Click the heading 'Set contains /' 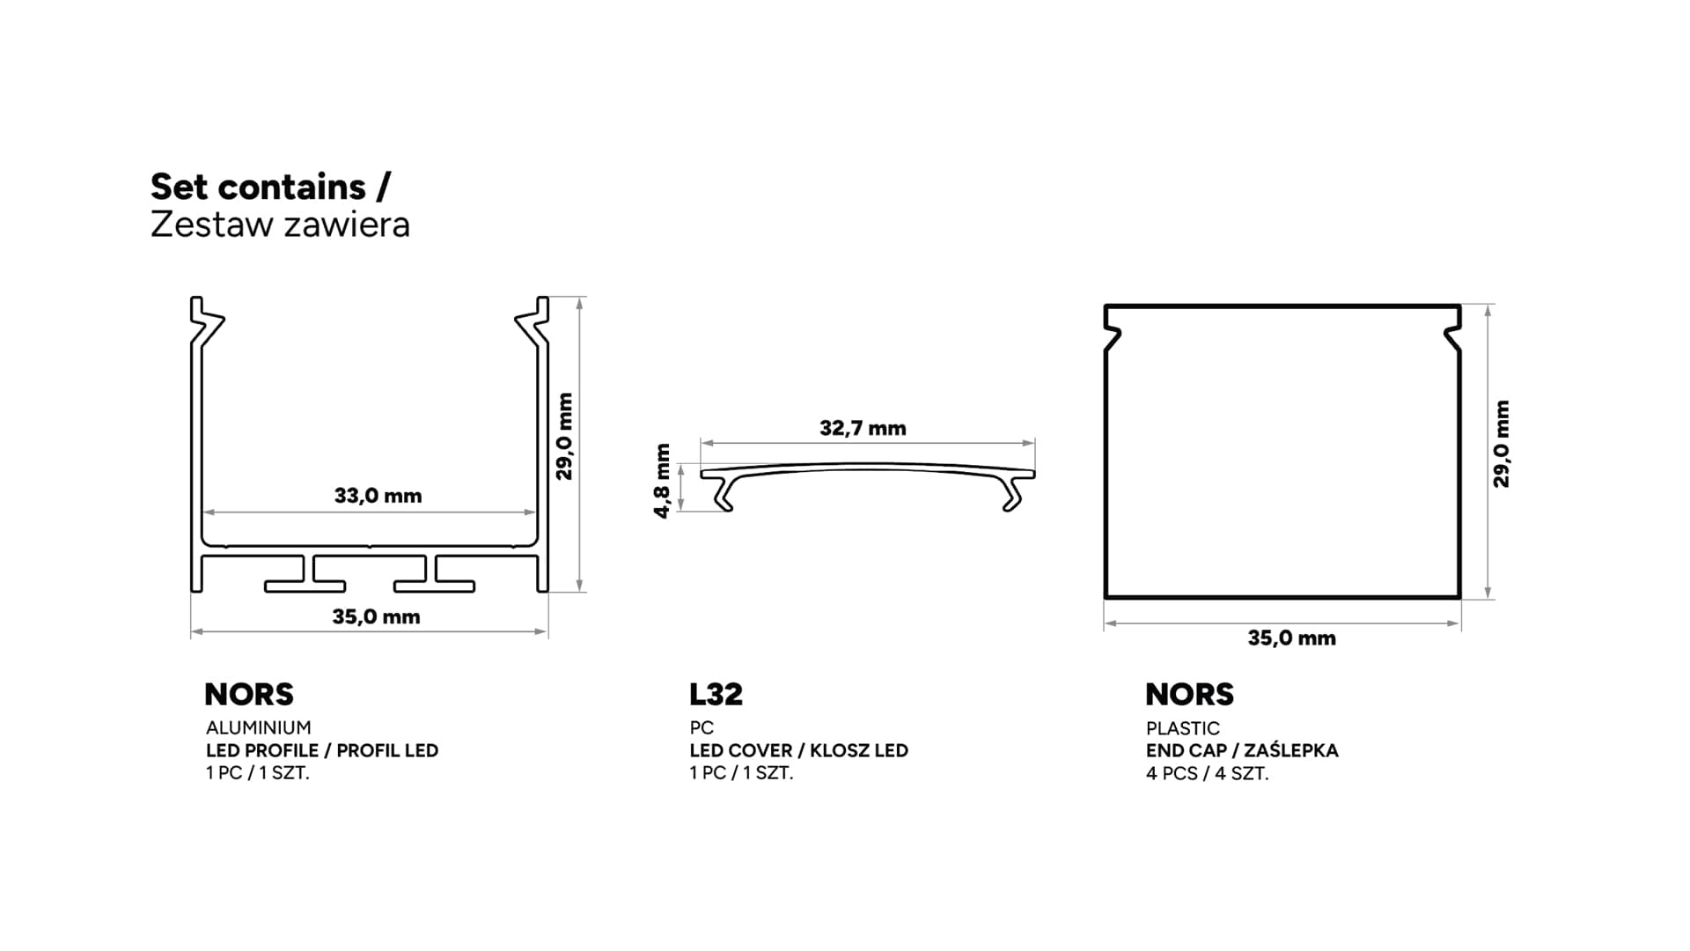click(270, 187)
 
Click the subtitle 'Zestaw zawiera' click(280, 225)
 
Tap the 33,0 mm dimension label click(378, 496)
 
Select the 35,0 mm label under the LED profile click(376, 616)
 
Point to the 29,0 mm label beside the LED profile click(564, 436)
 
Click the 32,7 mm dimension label click(863, 428)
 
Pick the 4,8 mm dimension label click(663, 481)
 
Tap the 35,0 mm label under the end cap click(1291, 638)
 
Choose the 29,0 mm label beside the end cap click(1502, 444)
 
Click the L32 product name click(716, 694)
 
